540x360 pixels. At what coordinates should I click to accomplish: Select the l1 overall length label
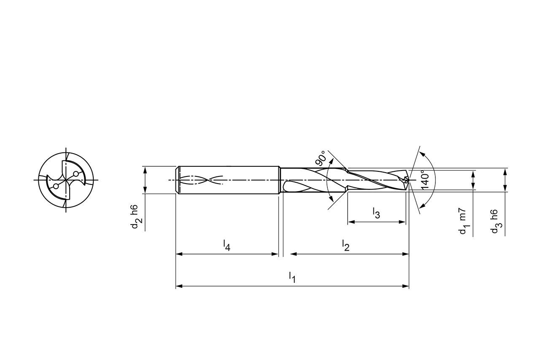tap(292, 277)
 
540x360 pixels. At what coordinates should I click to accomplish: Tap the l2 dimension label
tap(346, 245)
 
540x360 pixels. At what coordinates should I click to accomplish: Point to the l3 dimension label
tap(376, 213)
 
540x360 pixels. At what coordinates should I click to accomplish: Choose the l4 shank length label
tap(227, 245)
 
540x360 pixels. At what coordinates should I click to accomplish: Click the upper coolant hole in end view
tap(76, 174)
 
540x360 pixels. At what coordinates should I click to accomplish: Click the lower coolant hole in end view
tap(56, 186)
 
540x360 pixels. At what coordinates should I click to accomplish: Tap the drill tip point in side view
tap(408, 180)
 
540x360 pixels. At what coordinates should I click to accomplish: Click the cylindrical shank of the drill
tap(228, 180)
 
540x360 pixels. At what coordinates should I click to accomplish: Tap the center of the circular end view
tap(66, 180)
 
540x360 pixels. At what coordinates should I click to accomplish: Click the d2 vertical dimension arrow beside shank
tap(145, 180)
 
